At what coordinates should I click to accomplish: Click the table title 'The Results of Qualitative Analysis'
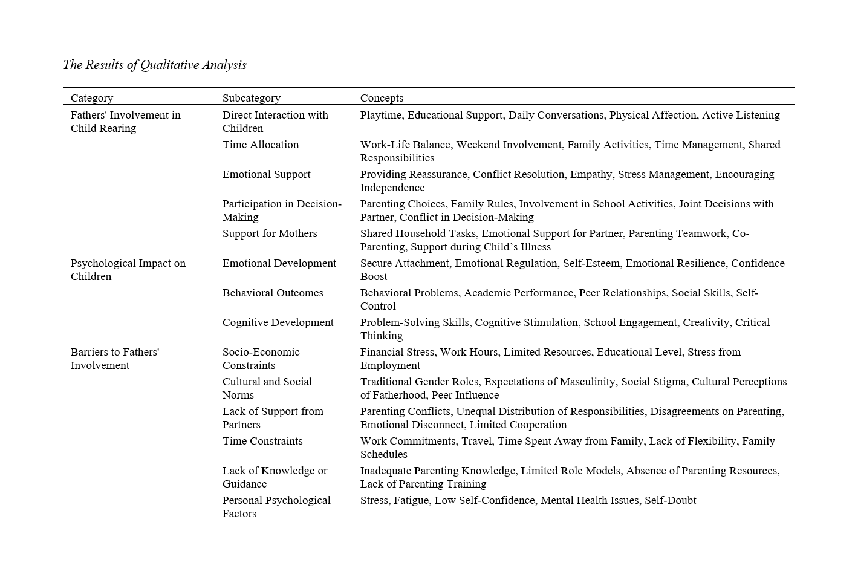[x=155, y=65]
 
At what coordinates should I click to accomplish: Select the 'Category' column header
[x=92, y=98]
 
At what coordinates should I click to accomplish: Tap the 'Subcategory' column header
[x=252, y=98]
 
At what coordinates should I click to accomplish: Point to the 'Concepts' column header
[x=382, y=98]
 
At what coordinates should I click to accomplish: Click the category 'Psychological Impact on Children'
[x=128, y=270]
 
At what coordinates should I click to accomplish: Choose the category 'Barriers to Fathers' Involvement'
[x=114, y=359]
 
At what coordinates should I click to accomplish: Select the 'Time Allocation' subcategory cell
[x=261, y=145]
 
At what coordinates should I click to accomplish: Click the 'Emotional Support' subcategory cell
[x=266, y=174]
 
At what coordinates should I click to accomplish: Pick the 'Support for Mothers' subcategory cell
[x=270, y=233]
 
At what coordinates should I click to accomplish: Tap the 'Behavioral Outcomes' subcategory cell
[x=273, y=293]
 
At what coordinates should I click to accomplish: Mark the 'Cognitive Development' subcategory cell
[x=278, y=322]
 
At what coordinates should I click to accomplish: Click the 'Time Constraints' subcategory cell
[x=262, y=441]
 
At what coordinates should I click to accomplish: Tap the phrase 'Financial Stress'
[x=397, y=352]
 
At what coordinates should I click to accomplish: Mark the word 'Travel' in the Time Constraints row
[x=476, y=441]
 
